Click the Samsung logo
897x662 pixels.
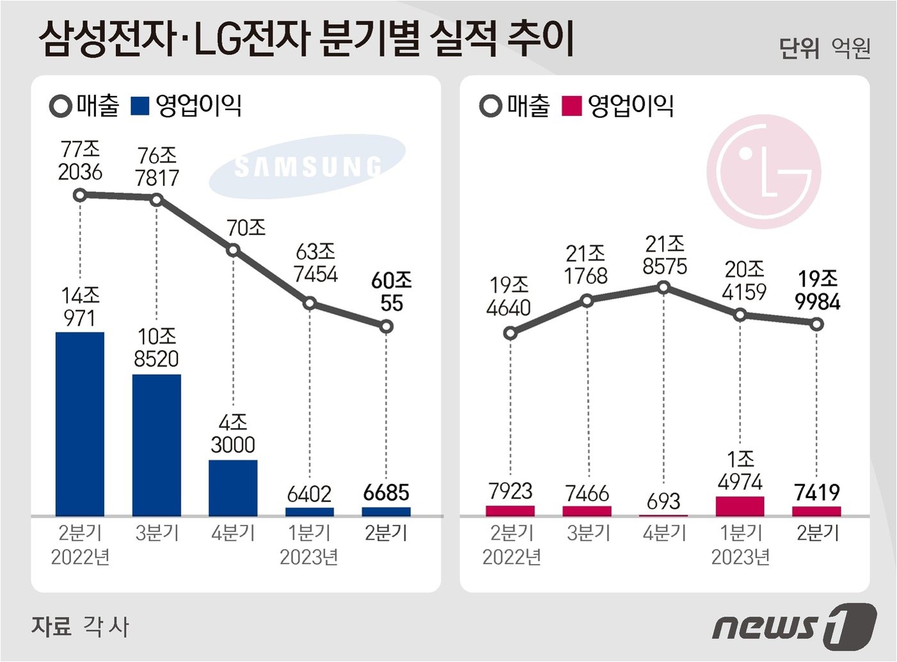pos(307,167)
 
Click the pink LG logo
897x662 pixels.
pos(764,172)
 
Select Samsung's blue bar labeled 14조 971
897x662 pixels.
pos(80,424)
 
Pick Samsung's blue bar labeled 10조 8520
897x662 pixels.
pos(157,445)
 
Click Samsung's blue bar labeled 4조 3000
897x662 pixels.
pos(233,488)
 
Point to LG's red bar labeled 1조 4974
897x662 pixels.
pos(740,506)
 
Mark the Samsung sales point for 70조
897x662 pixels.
pos(233,251)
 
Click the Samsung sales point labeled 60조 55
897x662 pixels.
pos(386,327)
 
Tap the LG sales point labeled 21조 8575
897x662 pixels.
pos(663,287)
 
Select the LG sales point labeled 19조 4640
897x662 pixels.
pos(510,333)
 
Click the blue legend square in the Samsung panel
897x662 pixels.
pos(140,106)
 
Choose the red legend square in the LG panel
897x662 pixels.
pos(572,106)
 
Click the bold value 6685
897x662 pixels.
pos(386,492)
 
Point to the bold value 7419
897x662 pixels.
pos(817,492)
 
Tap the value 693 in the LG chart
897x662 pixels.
pos(663,501)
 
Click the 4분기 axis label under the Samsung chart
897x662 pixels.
pos(233,533)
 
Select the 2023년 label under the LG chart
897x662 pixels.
pos(740,557)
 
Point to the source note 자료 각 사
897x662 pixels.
pos(80,626)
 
